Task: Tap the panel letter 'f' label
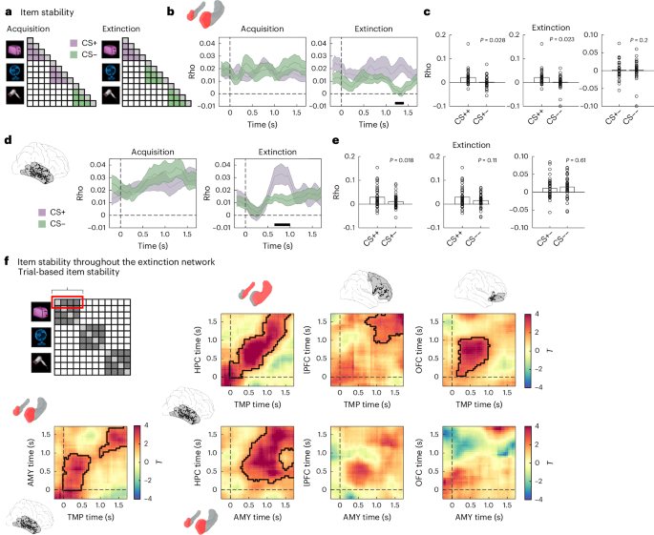pyautogui.click(x=8, y=260)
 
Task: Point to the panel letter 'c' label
pyautogui.click(x=412, y=11)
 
